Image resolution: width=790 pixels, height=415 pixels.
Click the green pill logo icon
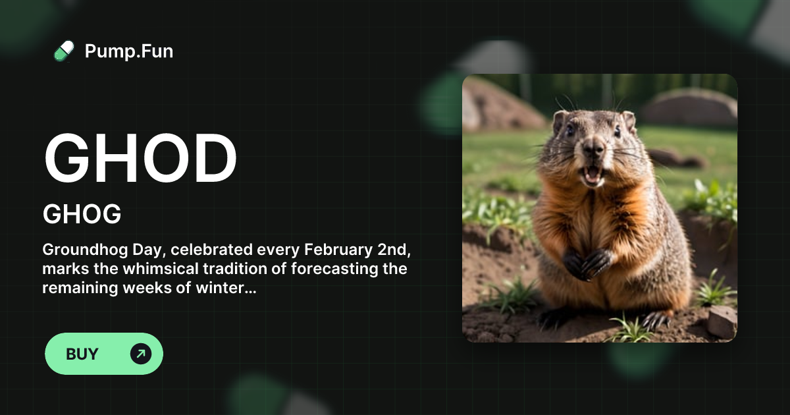[64, 51]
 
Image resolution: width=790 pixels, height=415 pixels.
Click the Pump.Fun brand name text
[129, 51]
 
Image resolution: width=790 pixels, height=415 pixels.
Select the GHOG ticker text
[82, 214]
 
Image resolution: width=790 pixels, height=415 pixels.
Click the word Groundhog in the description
[85, 250]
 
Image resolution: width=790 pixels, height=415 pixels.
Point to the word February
[338, 250]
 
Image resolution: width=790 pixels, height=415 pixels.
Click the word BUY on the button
[82, 354]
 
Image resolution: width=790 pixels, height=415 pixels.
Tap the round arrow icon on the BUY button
[141, 354]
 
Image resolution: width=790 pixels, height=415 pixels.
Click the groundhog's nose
[594, 148]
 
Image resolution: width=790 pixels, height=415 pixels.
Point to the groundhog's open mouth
[593, 175]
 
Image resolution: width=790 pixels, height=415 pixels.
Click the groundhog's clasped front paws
[587, 263]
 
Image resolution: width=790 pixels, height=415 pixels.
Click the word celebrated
[211, 250]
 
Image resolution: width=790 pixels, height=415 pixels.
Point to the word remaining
[80, 288]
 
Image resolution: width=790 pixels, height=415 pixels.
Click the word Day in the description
[149, 250]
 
